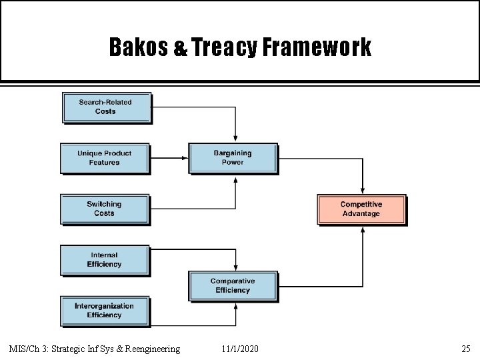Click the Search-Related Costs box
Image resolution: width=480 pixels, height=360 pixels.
click(106, 107)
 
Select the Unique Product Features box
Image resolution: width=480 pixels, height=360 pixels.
click(104, 158)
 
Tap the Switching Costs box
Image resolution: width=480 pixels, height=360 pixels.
click(104, 209)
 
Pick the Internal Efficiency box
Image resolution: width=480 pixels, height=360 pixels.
click(104, 259)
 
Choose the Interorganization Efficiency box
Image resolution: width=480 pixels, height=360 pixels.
click(104, 311)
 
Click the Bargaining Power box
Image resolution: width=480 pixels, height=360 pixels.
click(233, 158)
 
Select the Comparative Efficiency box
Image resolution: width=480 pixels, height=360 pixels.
click(233, 286)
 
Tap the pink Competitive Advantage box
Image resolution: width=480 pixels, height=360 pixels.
click(361, 209)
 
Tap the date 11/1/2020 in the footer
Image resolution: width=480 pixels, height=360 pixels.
click(241, 349)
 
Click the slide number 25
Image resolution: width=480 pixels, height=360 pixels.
click(465, 349)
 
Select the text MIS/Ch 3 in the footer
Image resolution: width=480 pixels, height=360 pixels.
click(28, 349)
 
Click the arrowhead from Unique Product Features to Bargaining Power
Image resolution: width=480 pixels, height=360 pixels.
click(185, 158)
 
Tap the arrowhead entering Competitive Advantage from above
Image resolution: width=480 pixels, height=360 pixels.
click(362, 191)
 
